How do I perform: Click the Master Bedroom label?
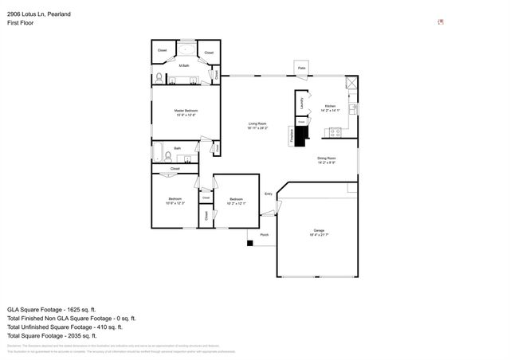[x=186, y=111]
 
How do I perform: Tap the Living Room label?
[x=257, y=123]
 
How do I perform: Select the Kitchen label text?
[x=330, y=106]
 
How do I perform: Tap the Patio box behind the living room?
[x=302, y=68]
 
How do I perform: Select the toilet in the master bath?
[x=159, y=78]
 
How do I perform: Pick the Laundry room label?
[x=302, y=103]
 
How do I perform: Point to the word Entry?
[x=269, y=194]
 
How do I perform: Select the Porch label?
[x=264, y=235]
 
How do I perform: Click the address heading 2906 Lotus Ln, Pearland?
[x=40, y=15]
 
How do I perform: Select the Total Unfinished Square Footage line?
[x=64, y=327]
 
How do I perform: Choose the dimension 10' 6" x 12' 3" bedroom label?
[x=175, y=202]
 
